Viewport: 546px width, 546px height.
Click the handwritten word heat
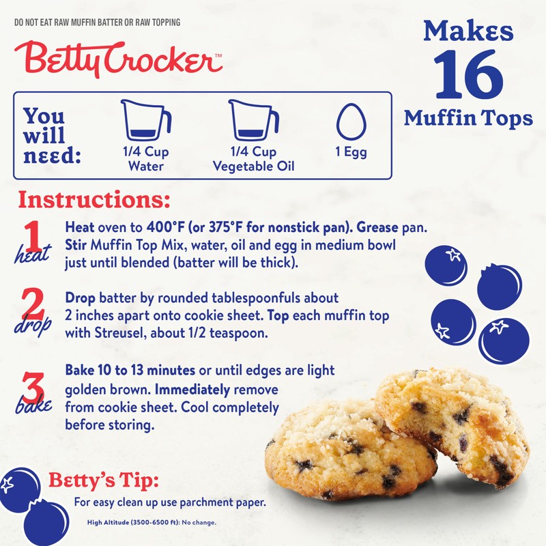(x=31, y=255)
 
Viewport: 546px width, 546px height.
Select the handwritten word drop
(x=33, y=326)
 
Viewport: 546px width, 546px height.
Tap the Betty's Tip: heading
(x=104, y=480)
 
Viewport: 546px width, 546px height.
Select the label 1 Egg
(x=351, y=152)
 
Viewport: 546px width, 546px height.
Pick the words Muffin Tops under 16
(x=468, y=118)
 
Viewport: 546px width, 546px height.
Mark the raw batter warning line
(x=97, y=23)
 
